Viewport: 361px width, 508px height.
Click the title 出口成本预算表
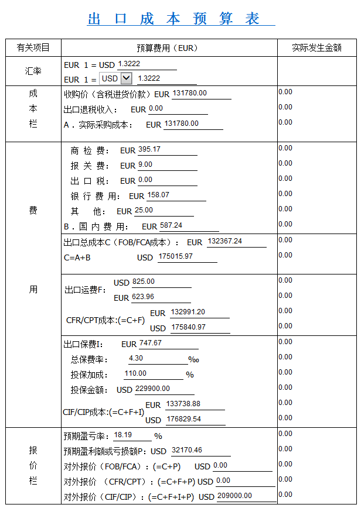[x=180, y=19]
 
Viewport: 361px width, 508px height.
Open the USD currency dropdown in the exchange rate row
[x=116, y=78]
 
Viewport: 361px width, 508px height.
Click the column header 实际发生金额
[x=316, y=48]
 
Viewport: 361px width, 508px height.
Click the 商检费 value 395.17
[x=149, y=150]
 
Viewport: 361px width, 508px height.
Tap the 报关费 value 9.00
[x=145, y=165]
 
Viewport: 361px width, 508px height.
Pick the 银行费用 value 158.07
[x=158, y=195]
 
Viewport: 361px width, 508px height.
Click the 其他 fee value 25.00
[x=144, y=211]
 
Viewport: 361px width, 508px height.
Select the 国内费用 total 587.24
[x=171, y=225]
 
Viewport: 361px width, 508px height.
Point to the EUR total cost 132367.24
[x=225, y=241]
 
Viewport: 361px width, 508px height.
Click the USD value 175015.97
[x=176, y=256]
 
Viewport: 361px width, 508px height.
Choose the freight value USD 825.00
[x=144, y=282]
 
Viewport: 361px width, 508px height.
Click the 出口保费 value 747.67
[x=151, y=343]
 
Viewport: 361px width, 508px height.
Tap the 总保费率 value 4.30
[x=136, y=358]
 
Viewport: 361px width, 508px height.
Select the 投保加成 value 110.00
[x=136, y=373]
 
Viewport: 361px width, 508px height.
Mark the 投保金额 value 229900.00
[x=152, y=389]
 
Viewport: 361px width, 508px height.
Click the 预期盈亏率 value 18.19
[x=123, y=435]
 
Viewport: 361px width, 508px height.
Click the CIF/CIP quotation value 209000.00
[x=234, y=496]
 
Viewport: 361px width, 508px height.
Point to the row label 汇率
[x=33, y=71]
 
